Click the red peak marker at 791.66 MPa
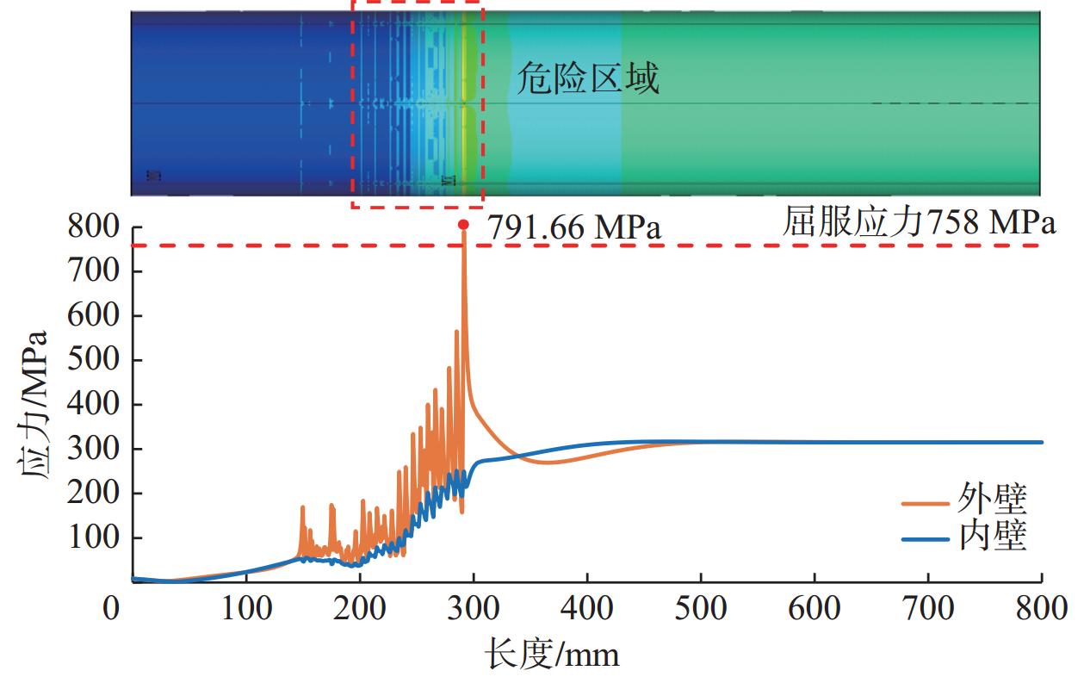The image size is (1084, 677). pyautogui.click(x=463, y=225)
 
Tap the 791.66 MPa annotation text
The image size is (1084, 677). pyautogui.click(x=574, y=228)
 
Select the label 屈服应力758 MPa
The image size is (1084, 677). pyautogui.click(x=919, y=223)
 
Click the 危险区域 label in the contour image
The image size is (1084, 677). pyautogui.click(x=588, y=79)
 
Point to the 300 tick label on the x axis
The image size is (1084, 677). pyautogui.click(x=474, y=609)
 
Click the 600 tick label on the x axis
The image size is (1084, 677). pyautogui.click(x=815, y=609)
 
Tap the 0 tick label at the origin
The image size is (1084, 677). pyautogui.click(x=112, y=609)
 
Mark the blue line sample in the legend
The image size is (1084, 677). pyautogui.click(x=926, y=539)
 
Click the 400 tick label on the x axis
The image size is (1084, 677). pyautogui.click(x=587, y=609)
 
